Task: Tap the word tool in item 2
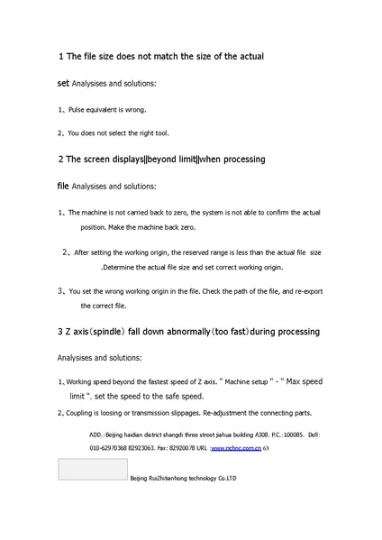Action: (x=161, y=133)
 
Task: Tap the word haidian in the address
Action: (x=135, y=435)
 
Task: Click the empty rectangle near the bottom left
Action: (x=92, y=469)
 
